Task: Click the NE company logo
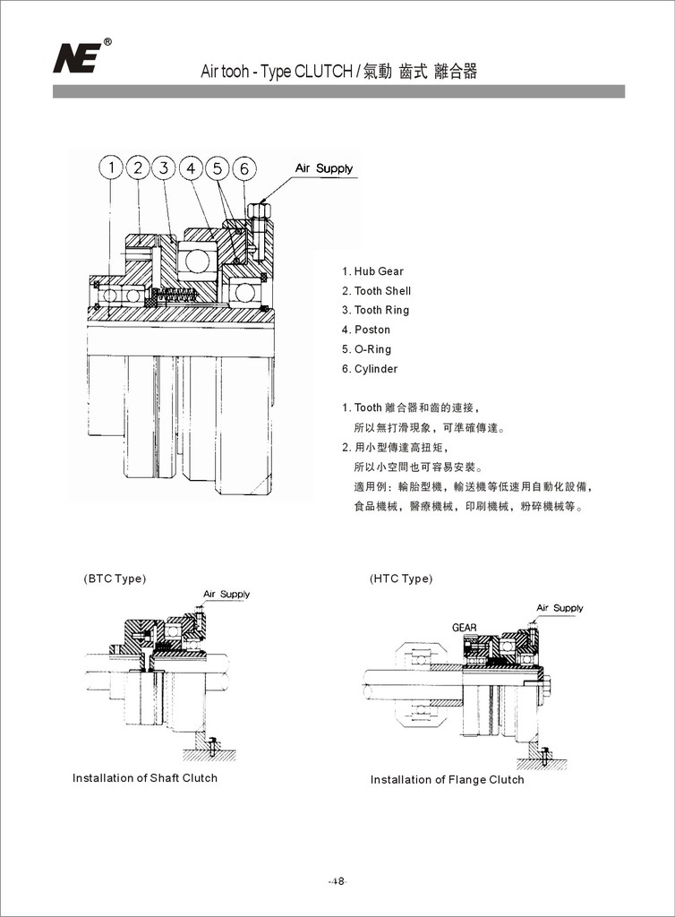coord(78,57)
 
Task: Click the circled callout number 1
coord(110,167)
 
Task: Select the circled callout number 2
coord(137,167)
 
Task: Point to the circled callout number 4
coord(191,167)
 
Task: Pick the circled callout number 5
coord(218,168)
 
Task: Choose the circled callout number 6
coord(244,168)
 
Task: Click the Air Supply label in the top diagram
coord(324,168)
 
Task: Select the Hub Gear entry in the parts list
coord(372,271)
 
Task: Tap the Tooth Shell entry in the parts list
coord(376,291)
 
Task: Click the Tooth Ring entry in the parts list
coord(375,310)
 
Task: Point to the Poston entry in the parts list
coord(366,330)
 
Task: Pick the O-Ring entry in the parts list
coord(366,349)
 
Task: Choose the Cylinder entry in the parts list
coord(370,369)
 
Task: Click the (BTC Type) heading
coord(114,578)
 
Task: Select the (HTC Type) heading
coord(401,578)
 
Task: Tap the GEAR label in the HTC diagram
coord(464,628)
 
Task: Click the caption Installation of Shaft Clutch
coord(145,778)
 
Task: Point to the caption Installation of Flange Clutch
coord(448,780)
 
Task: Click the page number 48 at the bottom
coord(337,881)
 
